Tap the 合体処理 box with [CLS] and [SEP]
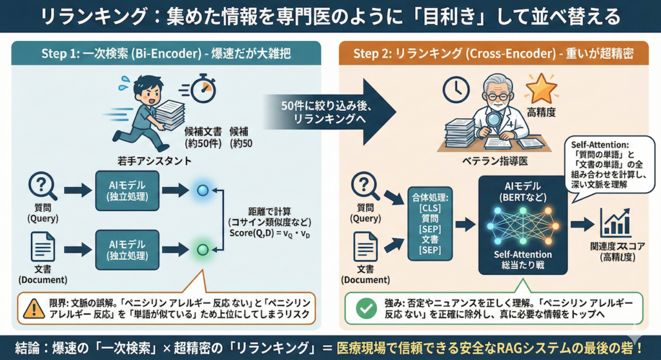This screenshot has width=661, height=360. tap(429, 221)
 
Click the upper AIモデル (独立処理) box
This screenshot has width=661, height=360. tap(126, 190)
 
